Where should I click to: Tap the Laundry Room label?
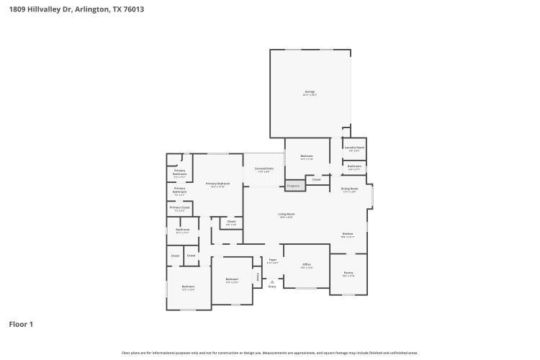point(354,148)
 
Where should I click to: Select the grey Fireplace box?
point(293,186)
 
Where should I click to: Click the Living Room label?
point(287,215)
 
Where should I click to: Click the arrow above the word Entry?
point(272,281)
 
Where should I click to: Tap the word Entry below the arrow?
point(272,287)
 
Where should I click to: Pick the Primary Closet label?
point(179,208)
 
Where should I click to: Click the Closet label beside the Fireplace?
point(316,179)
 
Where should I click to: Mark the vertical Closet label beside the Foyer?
point(258,276)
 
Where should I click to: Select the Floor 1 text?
point(21,325)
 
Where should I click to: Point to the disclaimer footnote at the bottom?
point(269,353)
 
